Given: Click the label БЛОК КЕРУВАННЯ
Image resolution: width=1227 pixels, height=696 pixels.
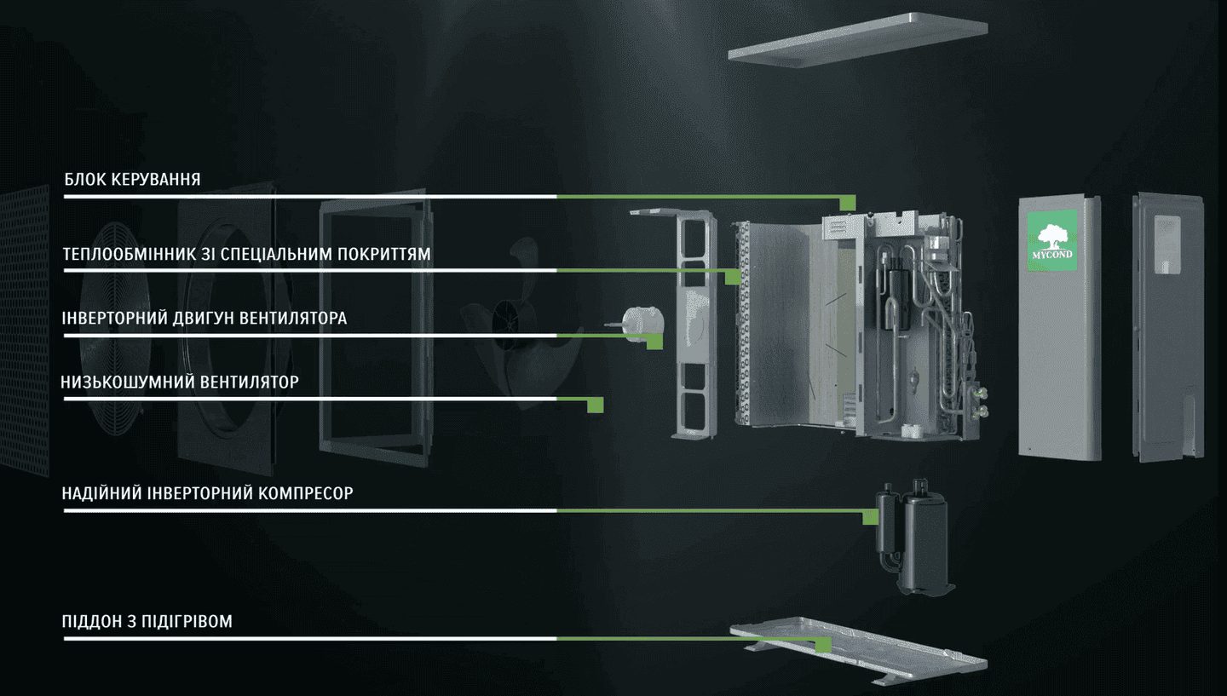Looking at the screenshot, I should point(132,180).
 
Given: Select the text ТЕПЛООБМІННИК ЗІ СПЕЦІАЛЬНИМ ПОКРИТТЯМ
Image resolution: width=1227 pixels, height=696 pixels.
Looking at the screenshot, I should point(247,255).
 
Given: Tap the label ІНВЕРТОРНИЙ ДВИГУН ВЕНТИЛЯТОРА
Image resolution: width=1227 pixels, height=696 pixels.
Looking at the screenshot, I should point(204,319).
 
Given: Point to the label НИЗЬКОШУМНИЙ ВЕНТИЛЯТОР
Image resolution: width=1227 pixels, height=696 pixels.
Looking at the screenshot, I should point(180,383).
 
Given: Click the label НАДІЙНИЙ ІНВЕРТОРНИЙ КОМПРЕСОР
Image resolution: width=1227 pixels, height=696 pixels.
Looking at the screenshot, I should point(207,493).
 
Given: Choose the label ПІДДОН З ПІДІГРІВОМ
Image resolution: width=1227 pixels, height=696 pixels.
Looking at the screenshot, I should point(147,621).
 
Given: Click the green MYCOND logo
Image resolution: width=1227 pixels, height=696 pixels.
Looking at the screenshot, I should point(1052,243).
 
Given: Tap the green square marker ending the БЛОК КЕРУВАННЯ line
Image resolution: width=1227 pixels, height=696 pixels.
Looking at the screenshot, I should point(847,202).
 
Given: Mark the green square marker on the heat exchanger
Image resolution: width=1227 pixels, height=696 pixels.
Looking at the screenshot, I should point(731,276).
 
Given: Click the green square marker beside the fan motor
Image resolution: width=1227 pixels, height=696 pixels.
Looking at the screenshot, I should point(654,341).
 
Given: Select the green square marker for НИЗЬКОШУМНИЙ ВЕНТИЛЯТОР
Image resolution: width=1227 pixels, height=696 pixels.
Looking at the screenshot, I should point(596,405).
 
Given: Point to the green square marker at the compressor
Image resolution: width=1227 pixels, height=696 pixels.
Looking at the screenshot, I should point(870,516).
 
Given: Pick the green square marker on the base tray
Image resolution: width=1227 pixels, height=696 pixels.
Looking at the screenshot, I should point(823,645).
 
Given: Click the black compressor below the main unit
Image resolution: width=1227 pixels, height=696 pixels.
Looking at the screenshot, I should point(917,537).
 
